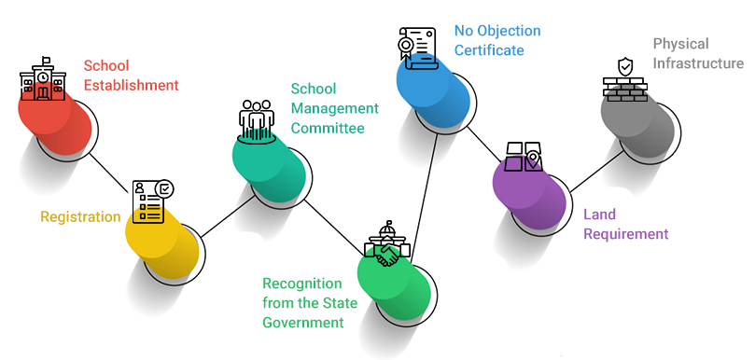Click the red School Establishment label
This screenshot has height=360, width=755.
point(131,76)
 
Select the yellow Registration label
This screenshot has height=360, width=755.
point(80,217)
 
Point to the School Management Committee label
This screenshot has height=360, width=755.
point(328,108)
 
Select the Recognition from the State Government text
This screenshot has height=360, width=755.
point(303,303)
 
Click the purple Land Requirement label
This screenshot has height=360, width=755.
point(626,224)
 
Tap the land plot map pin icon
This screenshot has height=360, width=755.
point(524,158)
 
